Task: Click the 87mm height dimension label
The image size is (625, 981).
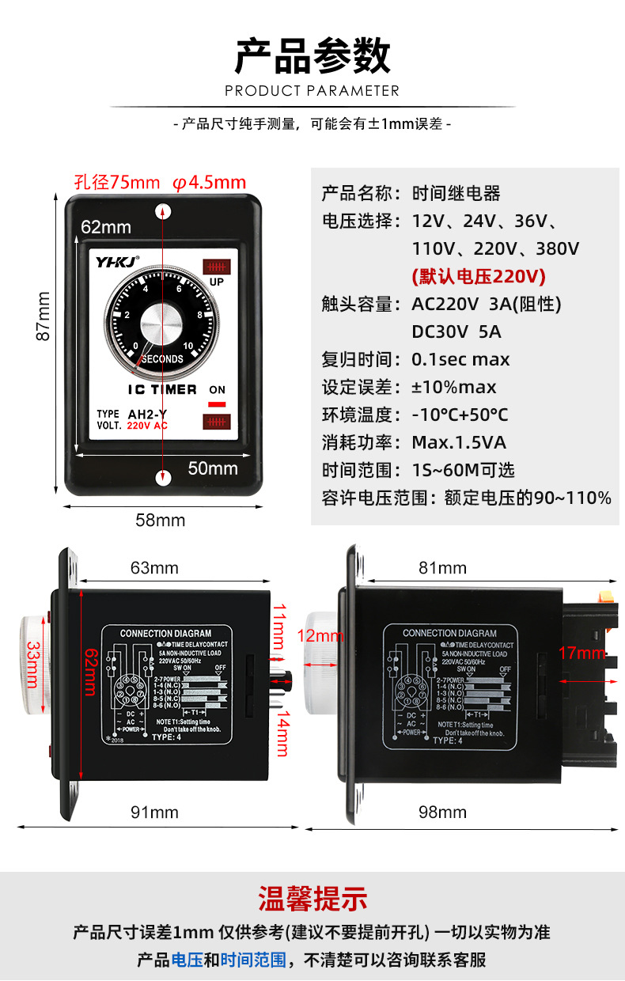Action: pos(43,316)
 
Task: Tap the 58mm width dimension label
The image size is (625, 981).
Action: pos(161,521)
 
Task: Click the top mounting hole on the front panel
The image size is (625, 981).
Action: pos(164,210)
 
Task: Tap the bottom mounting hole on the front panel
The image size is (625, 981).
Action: pos(164,476)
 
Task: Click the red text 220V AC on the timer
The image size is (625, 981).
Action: pos(147,426)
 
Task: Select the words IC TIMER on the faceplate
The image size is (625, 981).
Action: pos(162,390)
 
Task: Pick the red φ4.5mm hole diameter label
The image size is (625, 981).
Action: pos(210,182)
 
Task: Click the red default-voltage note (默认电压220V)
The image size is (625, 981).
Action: pos(479,277)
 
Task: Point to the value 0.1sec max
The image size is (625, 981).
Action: pos(460,360)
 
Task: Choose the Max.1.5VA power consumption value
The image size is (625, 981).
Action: pos(459,442)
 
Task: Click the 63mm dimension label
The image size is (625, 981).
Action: pos(154,568)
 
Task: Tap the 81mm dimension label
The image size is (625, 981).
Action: pos(442,568)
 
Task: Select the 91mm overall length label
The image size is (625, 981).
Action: pos(154,813)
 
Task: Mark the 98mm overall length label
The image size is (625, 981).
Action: pos(442,813)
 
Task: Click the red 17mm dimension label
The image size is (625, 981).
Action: pos(581,653)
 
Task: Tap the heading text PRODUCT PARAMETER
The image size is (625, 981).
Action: pos(312,91)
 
